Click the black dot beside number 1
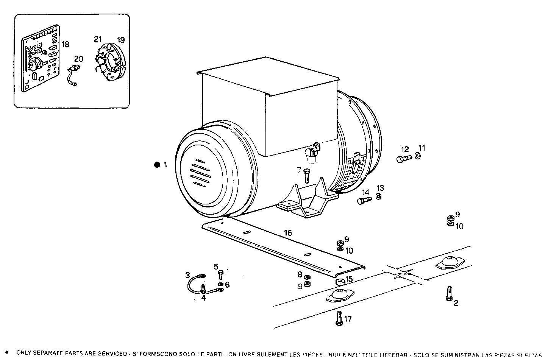pyautogui.click(x=157, y=165)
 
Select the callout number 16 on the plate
pyautogui.click(x=288, y=233)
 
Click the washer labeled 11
pyautogui.click(x=417, y=156)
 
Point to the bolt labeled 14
pyautogui.click(x=364, y=200)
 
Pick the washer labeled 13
pyautogui.click(x=378, y=196)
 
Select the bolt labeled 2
pyautogui.click(x=449, y=293)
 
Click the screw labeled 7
pyautogui.click(x=306, y=175)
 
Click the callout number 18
pyautogui.click(x=66, y=44)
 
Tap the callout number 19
pyautogui.click(x=120, y=40)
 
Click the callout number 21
pyautogui.click(x=98, y=39)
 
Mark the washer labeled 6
pyautogui.click(x=220, y=284)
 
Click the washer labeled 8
pyautogui.click(x=307, y=278)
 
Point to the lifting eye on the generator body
pyautogui.click(x=314, y=146)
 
